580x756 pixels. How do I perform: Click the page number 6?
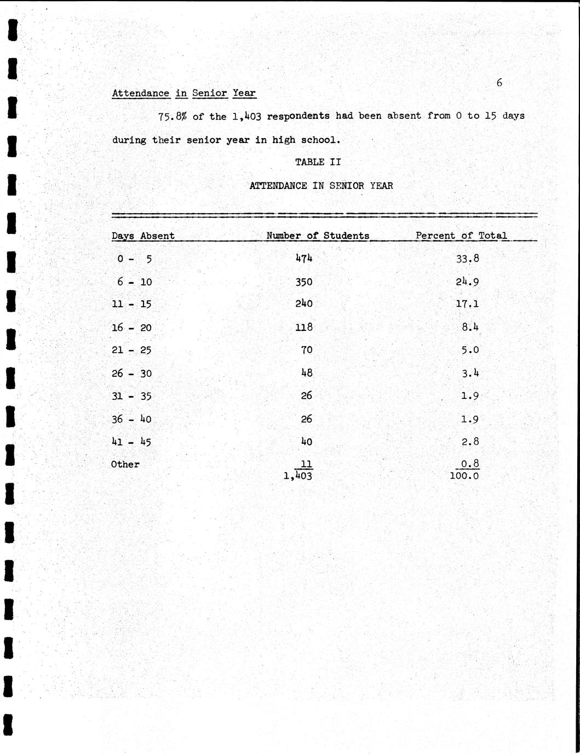click(499, 83)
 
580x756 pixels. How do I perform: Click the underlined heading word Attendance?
click(141, 93)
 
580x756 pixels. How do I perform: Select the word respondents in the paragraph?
click(298, 116)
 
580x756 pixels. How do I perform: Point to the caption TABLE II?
click(318, 162)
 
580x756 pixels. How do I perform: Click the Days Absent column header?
click(143, 236)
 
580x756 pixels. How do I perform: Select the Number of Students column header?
click(318, 236)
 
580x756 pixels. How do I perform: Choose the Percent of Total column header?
click(461, 236)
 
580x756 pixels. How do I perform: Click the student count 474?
click(304, 258)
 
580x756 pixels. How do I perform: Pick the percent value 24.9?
click(468, 282)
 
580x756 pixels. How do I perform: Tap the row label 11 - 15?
click(131, 305)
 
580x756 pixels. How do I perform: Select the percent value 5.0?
click(470, 350)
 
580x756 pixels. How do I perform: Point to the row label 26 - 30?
click(131, 374)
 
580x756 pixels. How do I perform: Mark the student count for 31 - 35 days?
click(306, 396)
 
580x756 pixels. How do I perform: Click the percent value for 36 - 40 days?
click(470, 420)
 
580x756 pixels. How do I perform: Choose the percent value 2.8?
click(470, 442)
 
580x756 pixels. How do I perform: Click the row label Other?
click(125, 465)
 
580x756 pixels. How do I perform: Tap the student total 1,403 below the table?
click(298, 477)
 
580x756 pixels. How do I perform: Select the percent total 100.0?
click(464, 476)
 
